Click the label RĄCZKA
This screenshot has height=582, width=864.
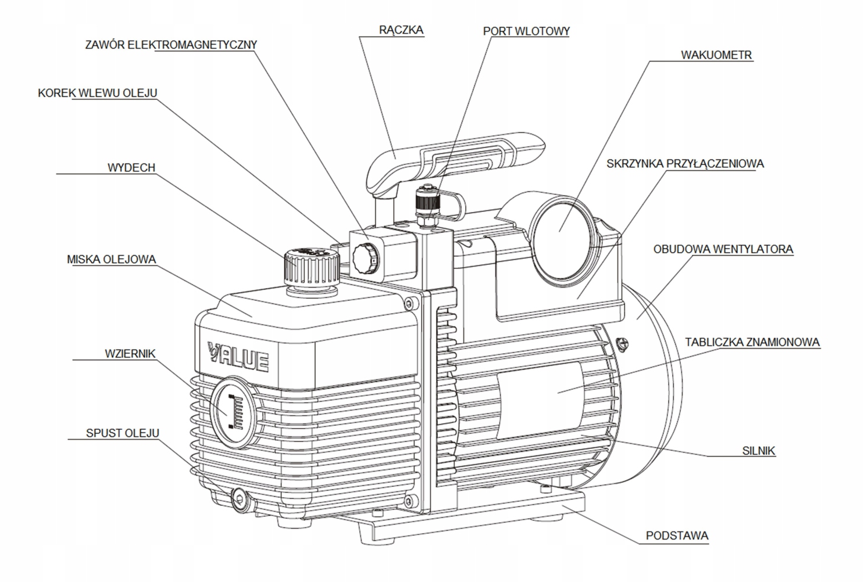(401, 30)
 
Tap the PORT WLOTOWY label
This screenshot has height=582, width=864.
(526, 31)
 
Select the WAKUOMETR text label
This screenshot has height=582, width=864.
(716, 55)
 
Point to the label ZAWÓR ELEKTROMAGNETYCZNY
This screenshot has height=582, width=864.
(171, 45)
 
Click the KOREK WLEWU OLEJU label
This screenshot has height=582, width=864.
(98, 93)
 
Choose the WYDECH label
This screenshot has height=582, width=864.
(131, 168)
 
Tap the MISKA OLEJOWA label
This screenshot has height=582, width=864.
(112, 260)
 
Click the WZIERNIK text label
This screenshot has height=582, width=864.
(130, 354)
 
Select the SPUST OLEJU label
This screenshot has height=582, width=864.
(123, 433)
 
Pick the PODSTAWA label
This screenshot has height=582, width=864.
(677, 536)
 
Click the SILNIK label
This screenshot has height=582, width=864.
(758, 451)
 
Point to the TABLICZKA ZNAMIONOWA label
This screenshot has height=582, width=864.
(752, 342)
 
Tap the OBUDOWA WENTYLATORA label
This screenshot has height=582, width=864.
(723, 249)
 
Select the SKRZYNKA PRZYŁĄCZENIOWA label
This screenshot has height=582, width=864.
(685, 164)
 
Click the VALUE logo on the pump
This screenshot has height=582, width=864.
(238, 357)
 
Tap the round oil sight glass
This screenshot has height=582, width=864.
(233, 412)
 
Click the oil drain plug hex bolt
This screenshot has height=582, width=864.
(239, 500)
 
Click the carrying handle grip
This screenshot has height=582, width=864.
(455, 162)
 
